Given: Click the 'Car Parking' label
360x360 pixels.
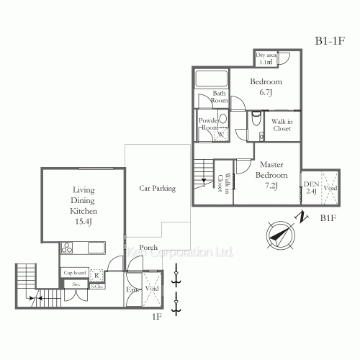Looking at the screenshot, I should [x=157, y=189].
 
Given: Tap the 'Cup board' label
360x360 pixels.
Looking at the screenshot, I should [x=73, y=273].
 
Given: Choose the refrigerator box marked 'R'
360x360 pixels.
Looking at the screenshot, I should [x=97, y=274].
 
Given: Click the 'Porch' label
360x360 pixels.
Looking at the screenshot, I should [x=149, y=248].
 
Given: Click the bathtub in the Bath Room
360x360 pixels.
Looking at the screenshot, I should [x=211, y=79].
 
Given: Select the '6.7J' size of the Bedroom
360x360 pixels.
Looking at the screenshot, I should [x=266, y=93].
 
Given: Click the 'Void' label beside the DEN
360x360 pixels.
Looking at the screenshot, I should [x=330, y=188].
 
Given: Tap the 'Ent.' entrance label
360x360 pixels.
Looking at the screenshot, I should [x=132, y=289].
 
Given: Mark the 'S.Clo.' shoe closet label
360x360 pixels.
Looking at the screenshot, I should [x=96, y=286].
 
